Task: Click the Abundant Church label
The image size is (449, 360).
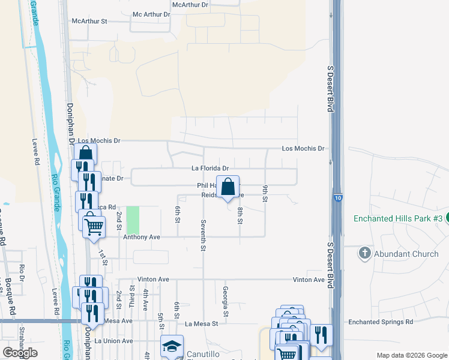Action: point(407,254)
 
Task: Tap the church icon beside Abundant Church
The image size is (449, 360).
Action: point(364,253)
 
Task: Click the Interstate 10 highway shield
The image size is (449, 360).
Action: point(339,197)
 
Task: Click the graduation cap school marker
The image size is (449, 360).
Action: point(172,346)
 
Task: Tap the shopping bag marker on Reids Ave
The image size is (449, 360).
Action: point(228,187)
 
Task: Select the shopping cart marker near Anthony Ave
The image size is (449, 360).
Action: point(94,227)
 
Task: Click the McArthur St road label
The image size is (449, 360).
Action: point(89,21)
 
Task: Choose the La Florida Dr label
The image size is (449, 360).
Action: point(210,169)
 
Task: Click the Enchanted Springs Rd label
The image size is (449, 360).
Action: point(381,322)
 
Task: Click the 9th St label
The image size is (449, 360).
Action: point(265,194)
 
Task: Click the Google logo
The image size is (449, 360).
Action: point(20,353)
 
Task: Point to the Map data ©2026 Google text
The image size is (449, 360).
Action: point(411,355)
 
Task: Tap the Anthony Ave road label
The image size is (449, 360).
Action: point(142,237)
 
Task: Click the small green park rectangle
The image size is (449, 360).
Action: point(132,220)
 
